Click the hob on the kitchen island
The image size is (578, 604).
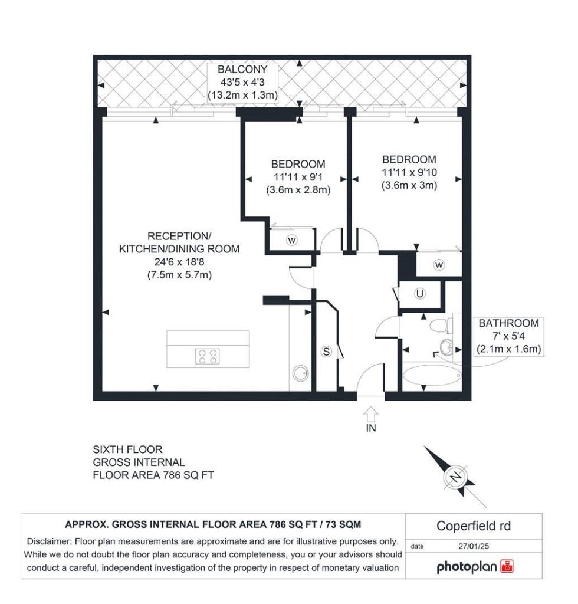tap(208, 356)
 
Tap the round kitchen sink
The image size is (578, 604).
tap(300, 373)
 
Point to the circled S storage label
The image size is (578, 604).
tap(327, 352)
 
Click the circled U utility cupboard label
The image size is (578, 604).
tap(420, 294)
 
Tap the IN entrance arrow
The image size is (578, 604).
tap(371, 415)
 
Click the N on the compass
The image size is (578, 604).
tap(456, 477)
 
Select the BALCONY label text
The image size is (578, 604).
tap(242, 70)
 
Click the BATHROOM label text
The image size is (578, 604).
tap(508, 323)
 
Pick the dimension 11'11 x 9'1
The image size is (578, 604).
tap(298, 177)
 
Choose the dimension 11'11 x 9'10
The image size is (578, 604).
tap(409, 173)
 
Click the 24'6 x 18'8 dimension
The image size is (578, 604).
tap(179, 262)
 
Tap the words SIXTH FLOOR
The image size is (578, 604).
tap(127, 449)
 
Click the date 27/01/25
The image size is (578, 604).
tap(474, 546)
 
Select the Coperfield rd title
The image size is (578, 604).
tap(474, 526)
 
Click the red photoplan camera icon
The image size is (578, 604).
tap(507, 566)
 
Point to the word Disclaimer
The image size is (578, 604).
tap(49, 541)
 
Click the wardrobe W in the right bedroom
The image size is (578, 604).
tap(439, 265)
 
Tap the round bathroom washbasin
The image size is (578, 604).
tap(446, 347)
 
